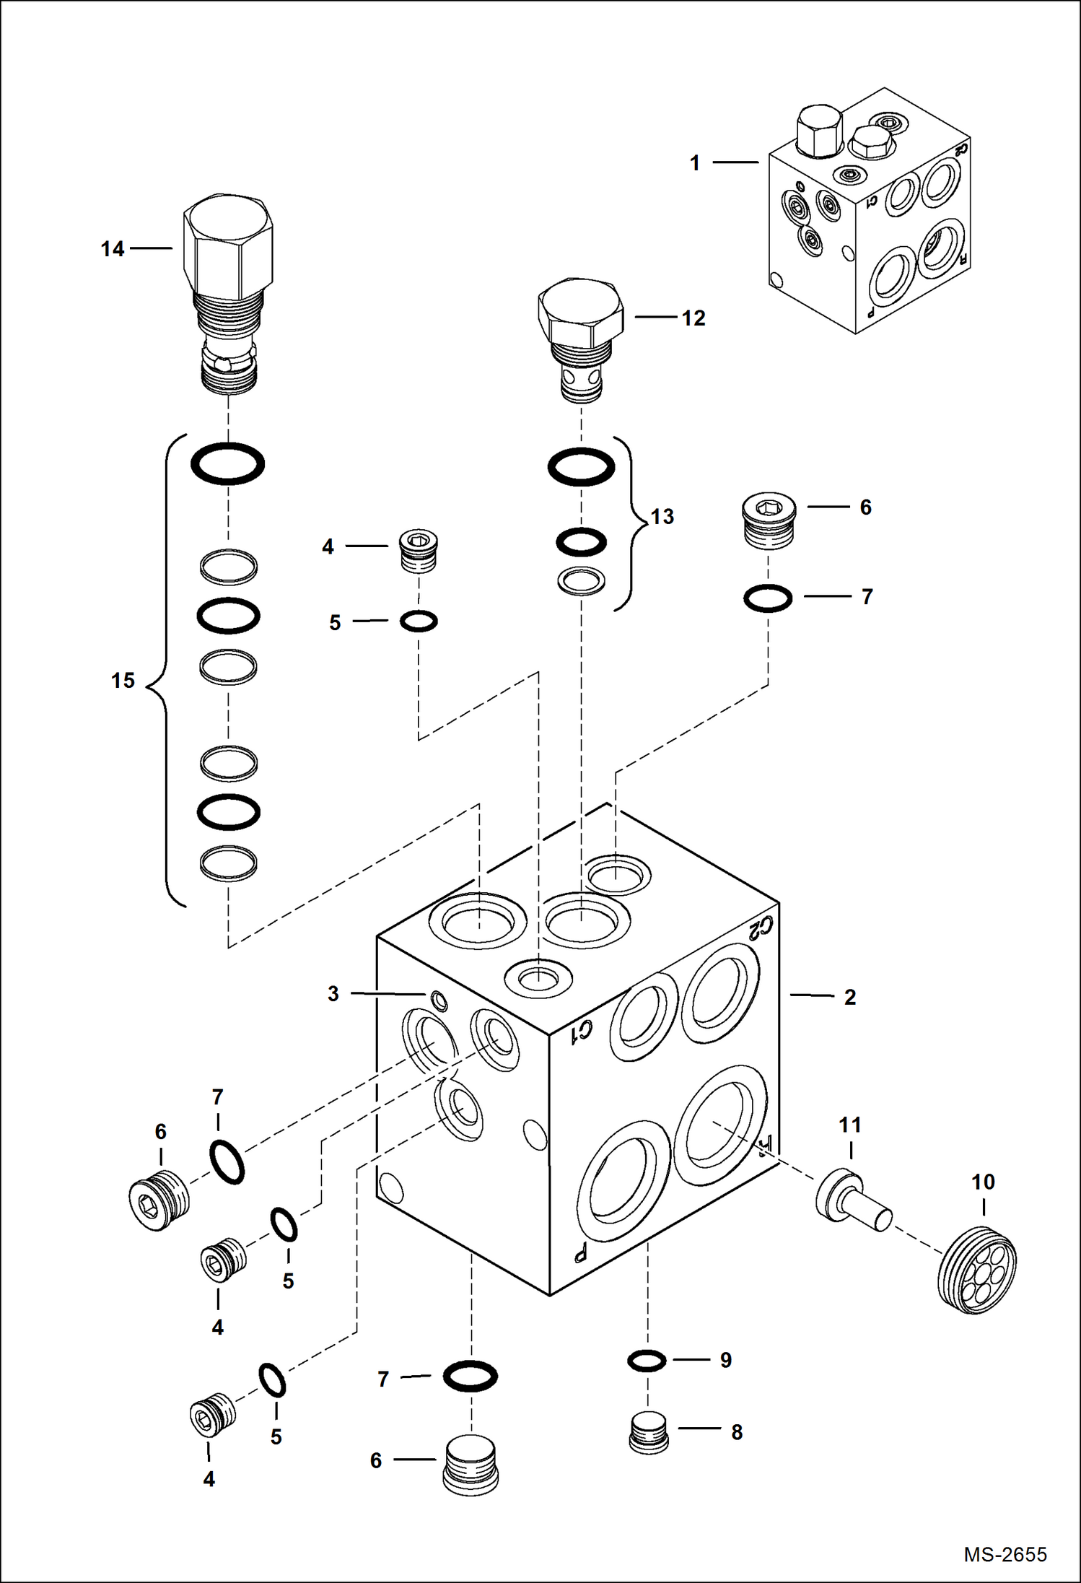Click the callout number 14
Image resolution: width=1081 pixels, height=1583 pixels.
[x=113, y=249]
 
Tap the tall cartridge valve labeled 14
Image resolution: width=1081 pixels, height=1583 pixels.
[x=228, y=289]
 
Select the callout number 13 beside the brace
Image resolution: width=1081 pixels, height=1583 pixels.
[x=662, y=517]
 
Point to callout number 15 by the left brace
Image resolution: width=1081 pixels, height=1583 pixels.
[x=123, y=681]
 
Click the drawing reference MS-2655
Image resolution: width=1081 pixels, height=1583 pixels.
[x=1005, y=1554]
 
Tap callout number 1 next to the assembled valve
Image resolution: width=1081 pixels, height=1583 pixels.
[x=695, y=163]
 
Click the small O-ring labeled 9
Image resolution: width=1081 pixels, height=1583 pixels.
[x=647, y=1361]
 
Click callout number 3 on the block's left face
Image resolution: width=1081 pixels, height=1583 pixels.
[x=333, y=994]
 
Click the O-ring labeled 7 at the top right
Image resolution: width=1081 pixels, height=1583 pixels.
[x=768, y=598]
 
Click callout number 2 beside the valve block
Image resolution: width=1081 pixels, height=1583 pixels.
[x=850, y=998]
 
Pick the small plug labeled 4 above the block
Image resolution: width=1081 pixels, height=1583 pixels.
[x=419, y=551]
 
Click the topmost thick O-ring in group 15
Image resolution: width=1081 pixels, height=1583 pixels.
[x=227, y=463]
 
